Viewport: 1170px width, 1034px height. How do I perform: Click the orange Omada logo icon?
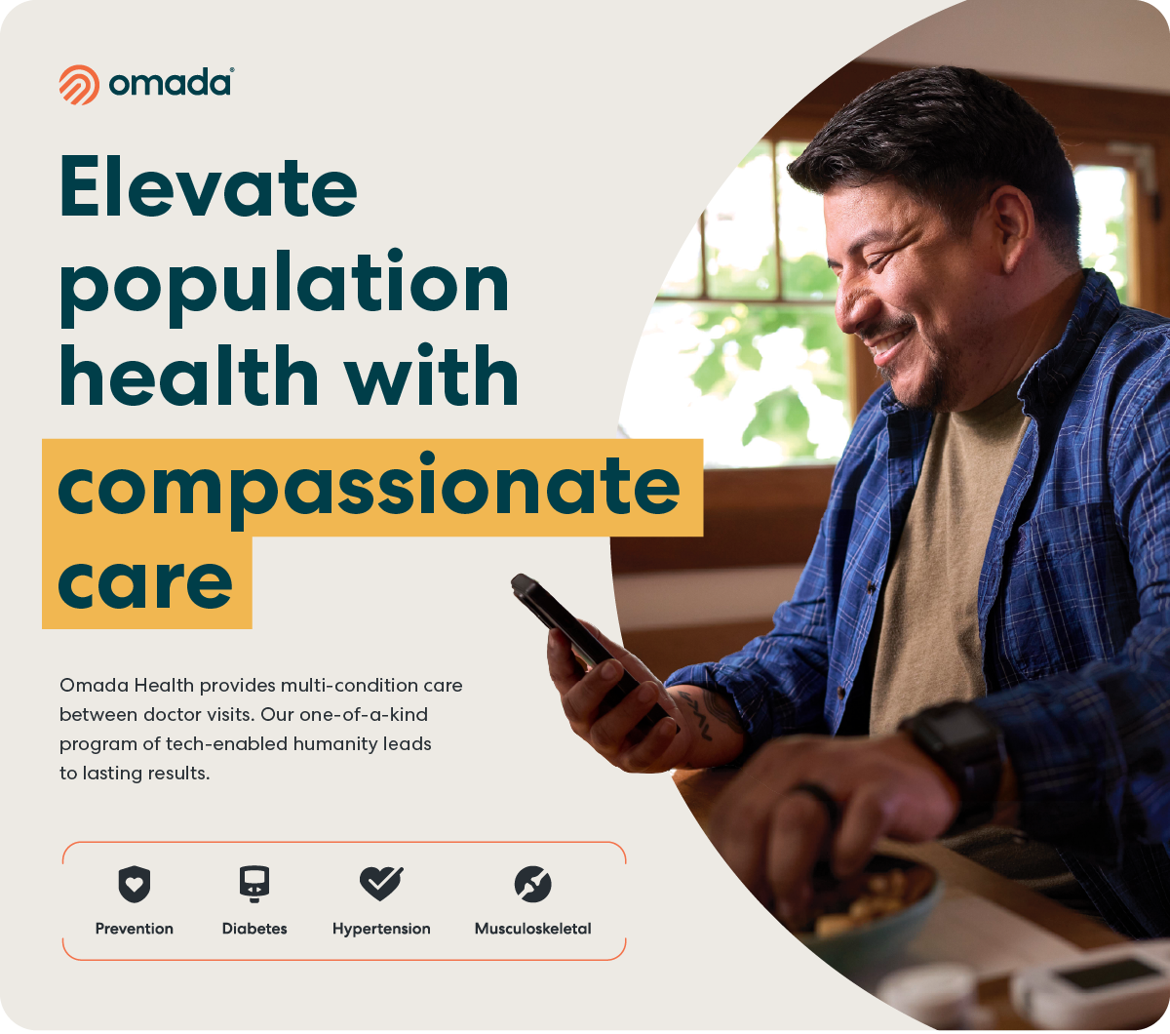pyautogui.click(x=79, y=85)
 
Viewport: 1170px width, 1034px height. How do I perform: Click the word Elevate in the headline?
pyautogui.click(x=209, y=186)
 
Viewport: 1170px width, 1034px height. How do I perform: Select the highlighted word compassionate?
pyautogui.click(x=369, y=489)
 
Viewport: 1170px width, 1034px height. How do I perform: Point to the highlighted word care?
pyautogui.click(x=145, y=582)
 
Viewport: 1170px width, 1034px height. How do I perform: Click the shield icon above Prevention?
pyautogui.click(x=134, y=885)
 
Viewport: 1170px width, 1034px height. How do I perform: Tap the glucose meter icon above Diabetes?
pyautogui.click(x=254, y=884)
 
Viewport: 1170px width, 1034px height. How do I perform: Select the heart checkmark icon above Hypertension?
pyautogui.click(x=381, y=883)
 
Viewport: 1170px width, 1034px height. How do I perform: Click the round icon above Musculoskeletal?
pyautogui.click(x=532, y=884)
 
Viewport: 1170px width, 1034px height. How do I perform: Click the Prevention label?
pyautogui.click(x=134, y=929)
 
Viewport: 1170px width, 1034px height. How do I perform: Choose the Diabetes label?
pyautogui.click(x=254, y=929)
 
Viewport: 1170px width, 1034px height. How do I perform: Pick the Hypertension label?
pyautogui.click(x=381, y=930)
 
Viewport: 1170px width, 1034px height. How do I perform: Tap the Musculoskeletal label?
pyautogui.click(x=532, y=929)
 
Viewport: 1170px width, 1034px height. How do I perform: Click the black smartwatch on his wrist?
pyautogui.click(x=955, y=751)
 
